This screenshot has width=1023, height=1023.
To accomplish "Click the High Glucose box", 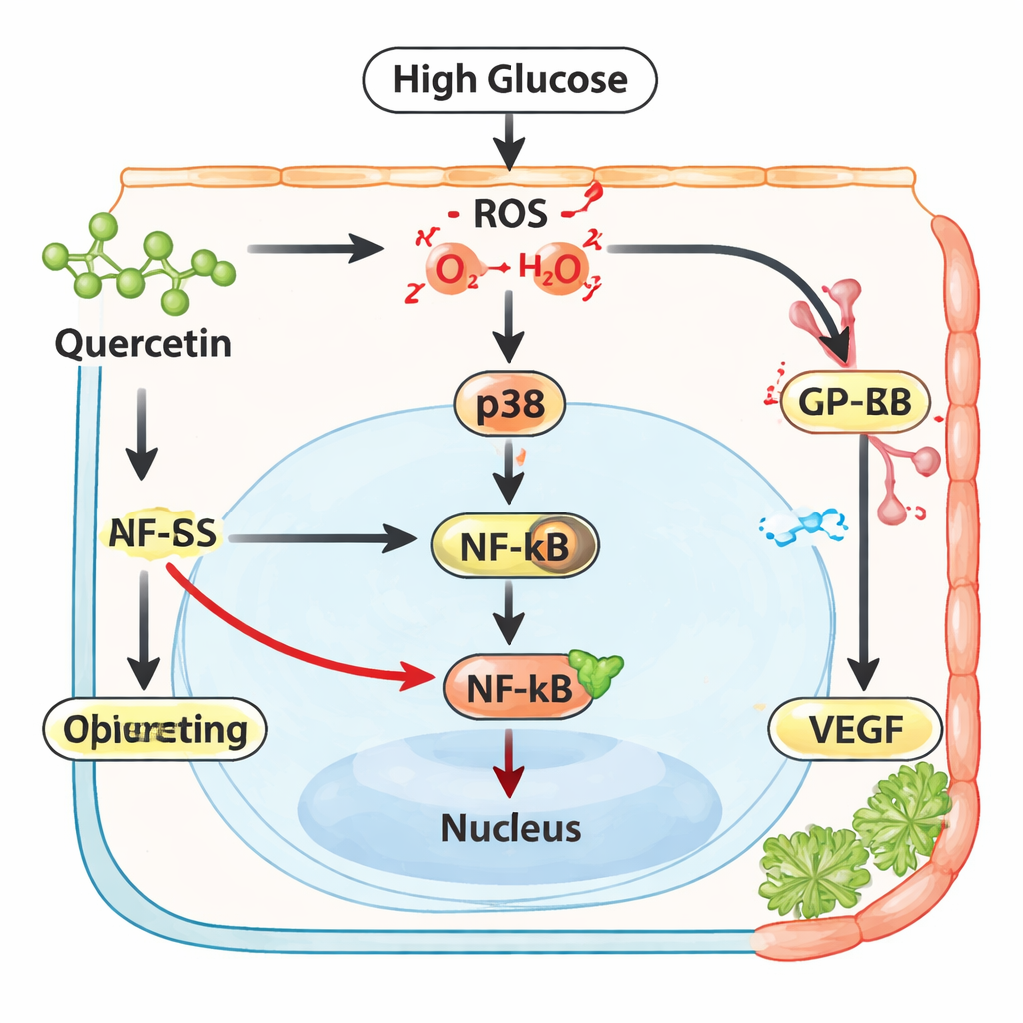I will click(510, 80).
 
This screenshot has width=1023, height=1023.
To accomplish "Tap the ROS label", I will click(510, 213).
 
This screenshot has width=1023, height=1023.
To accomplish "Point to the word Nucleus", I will click(511, 827).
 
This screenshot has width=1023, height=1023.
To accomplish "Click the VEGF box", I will click(856, 729).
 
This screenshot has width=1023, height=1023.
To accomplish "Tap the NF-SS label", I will click(160, 535).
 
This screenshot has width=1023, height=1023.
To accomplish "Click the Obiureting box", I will click(155, 730).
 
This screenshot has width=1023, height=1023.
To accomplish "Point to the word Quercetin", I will click(143, 344).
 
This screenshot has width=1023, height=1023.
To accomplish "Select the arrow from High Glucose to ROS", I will click(510, 140).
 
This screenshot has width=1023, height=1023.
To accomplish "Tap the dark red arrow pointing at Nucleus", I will click(511, 764).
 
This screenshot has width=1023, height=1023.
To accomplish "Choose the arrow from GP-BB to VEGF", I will click(861, 559).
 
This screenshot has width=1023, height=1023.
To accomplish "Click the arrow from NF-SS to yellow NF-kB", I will click(320, 539).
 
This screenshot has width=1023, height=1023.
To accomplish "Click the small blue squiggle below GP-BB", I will click(803, 525).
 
